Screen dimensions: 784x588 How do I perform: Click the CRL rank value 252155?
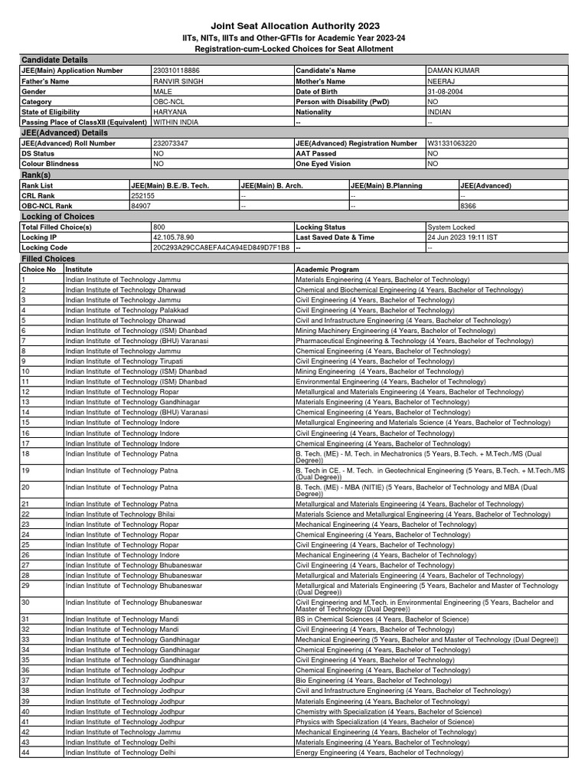point(143,195)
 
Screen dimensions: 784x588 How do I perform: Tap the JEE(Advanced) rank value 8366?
point(469,206)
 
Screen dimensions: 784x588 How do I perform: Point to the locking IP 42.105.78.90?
point(174,237)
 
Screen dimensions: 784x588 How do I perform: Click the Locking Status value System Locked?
point(452,227)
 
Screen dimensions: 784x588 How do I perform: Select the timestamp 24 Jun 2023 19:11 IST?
point(462,237)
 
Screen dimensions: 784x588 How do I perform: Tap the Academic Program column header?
point(327,269)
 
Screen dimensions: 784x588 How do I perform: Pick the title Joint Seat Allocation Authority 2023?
point(293,25)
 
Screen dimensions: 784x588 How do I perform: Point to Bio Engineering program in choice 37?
point(373,680)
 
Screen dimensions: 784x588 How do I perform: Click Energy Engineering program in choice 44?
point(380,753)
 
